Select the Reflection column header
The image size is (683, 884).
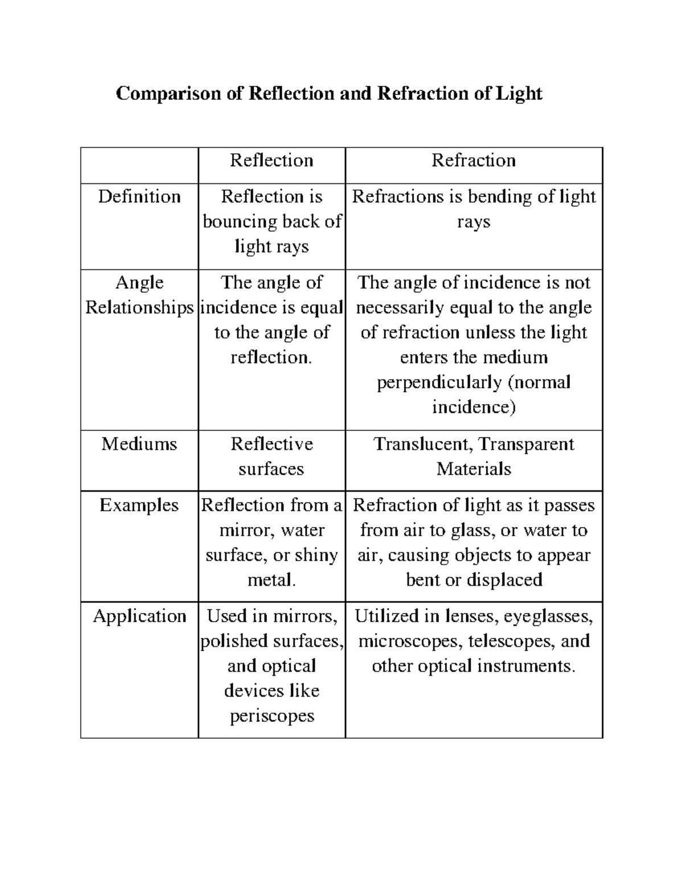[271, 161]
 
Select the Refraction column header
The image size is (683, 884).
[474, 161]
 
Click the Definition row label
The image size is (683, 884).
[139, 197]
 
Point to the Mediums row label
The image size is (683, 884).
[139, 444]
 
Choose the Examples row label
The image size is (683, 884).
[139, 505]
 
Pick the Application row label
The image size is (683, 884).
[139, 616]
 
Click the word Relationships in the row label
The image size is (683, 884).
[139, 308]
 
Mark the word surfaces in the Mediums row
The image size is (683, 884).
[271, 469]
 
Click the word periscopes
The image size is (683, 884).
[271, 716]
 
